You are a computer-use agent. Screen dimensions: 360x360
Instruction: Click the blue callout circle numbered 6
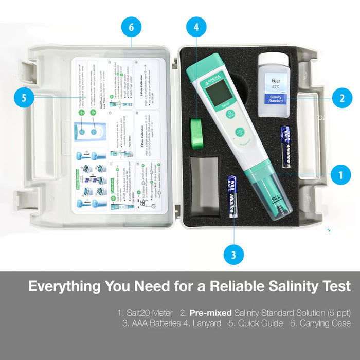[131, 27]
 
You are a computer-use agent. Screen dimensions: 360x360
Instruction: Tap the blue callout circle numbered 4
[196, 27]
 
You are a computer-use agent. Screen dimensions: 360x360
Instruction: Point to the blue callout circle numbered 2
[342, 97]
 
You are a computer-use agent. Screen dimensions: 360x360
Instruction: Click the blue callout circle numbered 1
[340, 175]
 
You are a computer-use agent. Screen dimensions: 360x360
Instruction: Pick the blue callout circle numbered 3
[234, 254]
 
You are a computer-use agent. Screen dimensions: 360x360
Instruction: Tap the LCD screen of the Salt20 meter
[218, 91]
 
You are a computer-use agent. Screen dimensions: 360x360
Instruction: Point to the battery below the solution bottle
[286, 146]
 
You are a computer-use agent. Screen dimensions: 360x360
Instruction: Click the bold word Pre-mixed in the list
[210, 312]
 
